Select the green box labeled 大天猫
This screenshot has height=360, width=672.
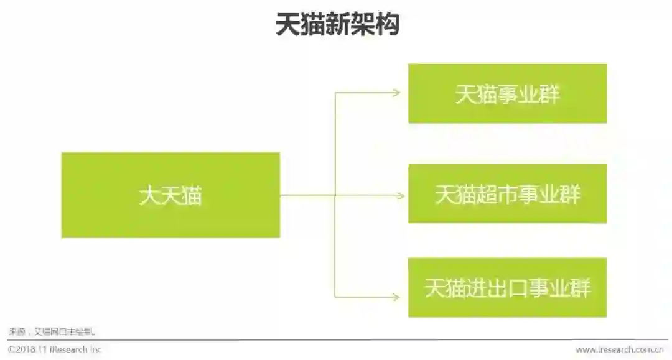click(170, 195)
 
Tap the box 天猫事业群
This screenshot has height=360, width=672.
click(507, 93)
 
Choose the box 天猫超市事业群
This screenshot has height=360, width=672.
click(507, 194)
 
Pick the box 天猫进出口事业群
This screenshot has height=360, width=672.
click(507, 288)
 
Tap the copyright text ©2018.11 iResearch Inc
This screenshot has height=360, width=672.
click(54, 349)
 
